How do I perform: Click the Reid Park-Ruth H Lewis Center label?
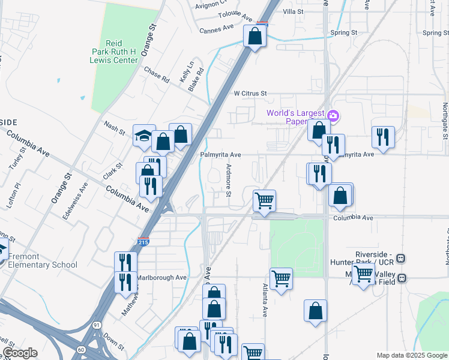[122, 52]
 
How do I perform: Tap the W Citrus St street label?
[250, 94]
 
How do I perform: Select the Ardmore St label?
[228, 180]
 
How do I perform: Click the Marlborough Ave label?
[161, 278]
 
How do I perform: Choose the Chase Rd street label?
[157, 74]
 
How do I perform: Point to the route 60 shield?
[82, 349]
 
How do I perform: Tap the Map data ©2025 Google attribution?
[412, 355]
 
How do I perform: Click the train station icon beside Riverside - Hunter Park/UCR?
[401, 259]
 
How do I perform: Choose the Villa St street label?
[294, 11]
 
